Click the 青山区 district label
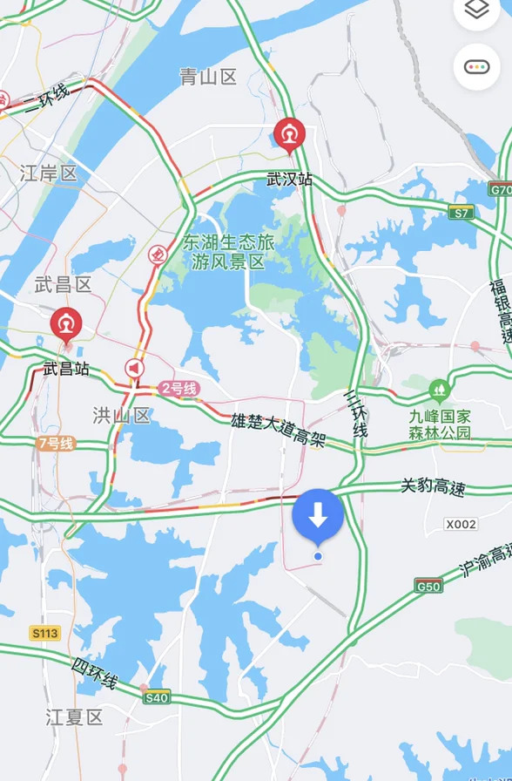coord(208,78)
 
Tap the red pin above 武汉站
coord(288,134)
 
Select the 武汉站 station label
coord(289,180)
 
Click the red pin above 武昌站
coord(65,323)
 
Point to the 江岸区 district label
coord(49,173)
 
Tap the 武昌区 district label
coord(63,285)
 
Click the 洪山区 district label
coord(122,415)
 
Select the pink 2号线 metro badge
coord(179,389)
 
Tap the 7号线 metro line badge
coord(57,444)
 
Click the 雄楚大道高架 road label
coord(278,431)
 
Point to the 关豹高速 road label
coord(433,487)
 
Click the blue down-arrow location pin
coord(318,517)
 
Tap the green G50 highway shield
coord(428,587)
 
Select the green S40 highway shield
coord(157,697)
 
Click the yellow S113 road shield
coord(44,633)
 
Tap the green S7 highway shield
coord(461,213)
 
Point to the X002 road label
coord(461,524)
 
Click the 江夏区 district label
coord(74,718)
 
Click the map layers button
coord(476,11)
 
